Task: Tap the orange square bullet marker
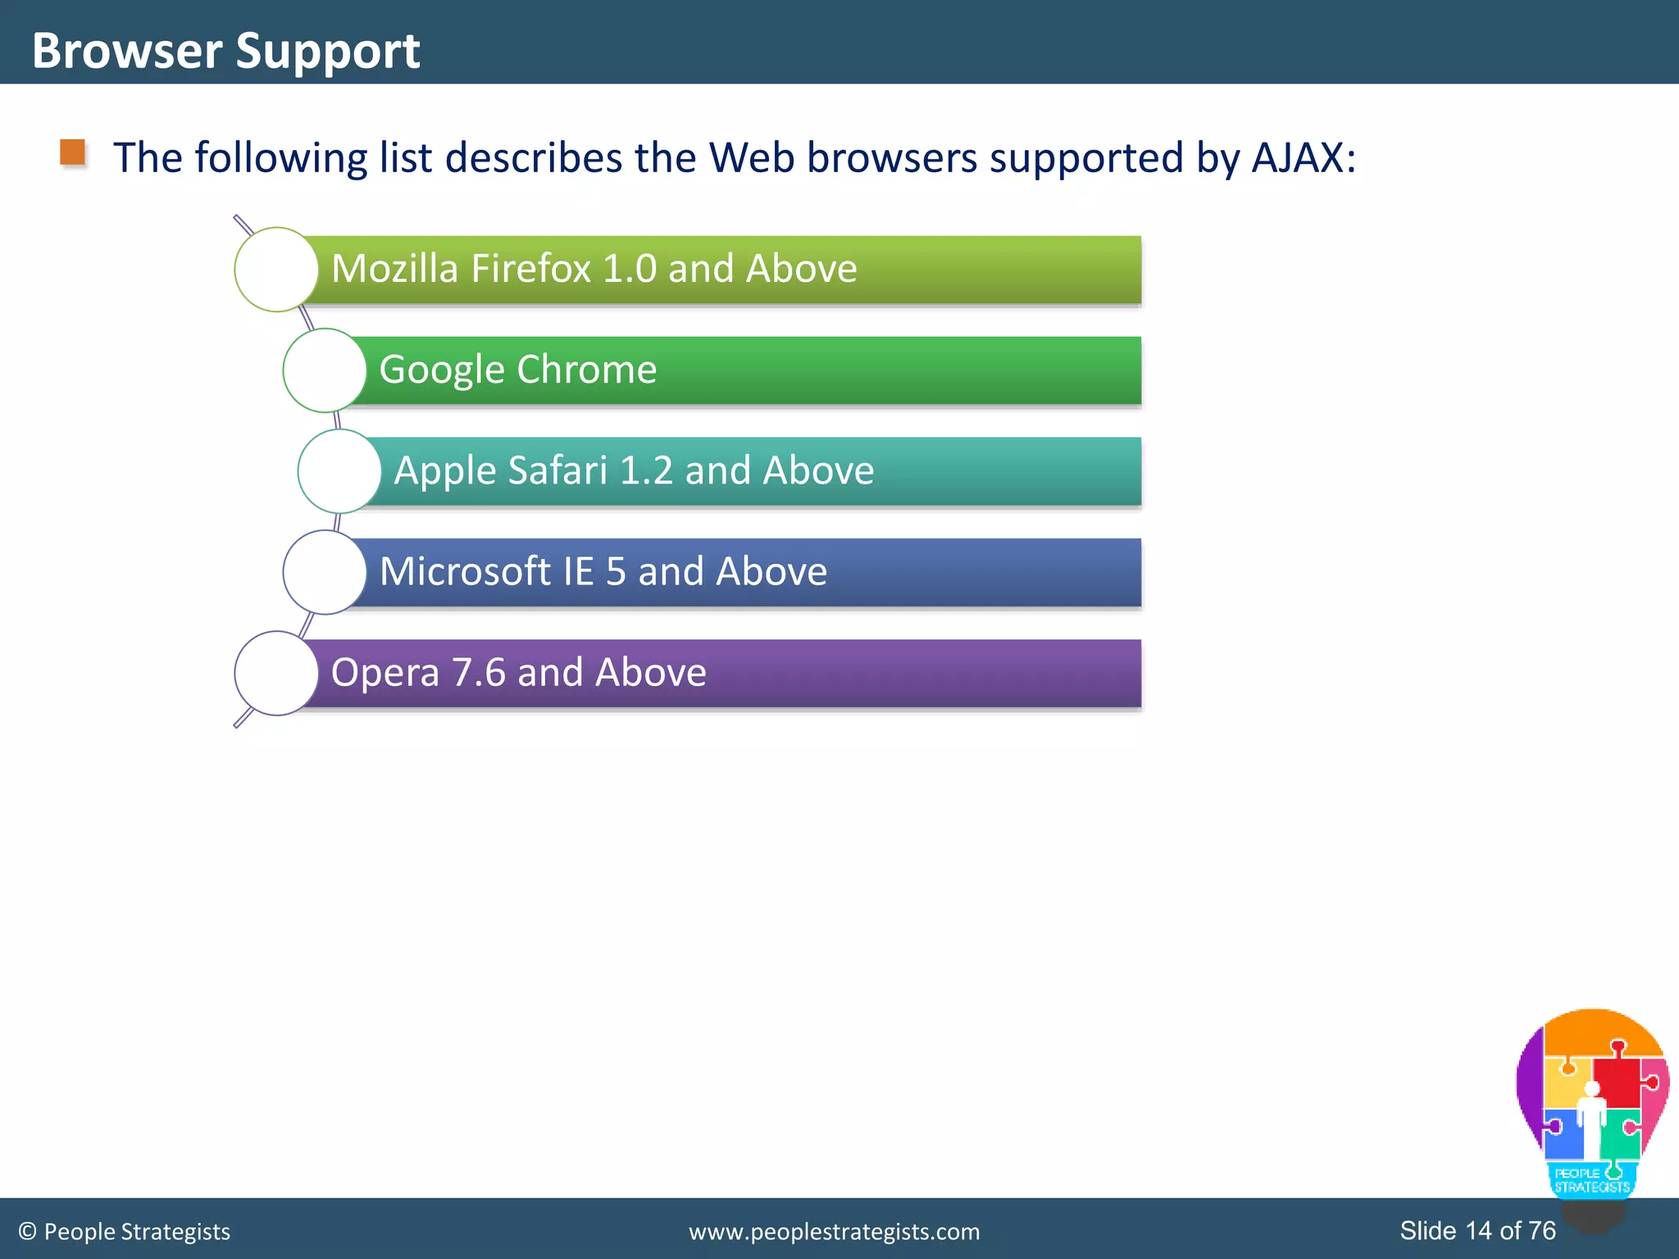click(73, 152)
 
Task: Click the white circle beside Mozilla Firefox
click(276, 270)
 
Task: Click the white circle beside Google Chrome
click(325, 370)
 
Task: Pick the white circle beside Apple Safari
click(339, 471)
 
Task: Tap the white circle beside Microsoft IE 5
click(325, 572)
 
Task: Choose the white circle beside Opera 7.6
click(276, 673)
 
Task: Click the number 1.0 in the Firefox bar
click(629, 269)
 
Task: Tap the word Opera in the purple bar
click(384, 672)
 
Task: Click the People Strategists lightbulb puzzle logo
click(1592, 1107)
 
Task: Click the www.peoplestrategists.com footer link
click(834, 1232)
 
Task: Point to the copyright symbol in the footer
click(28, 1232)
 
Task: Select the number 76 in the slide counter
click(1542, 1230)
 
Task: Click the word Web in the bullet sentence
click(752, 157)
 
